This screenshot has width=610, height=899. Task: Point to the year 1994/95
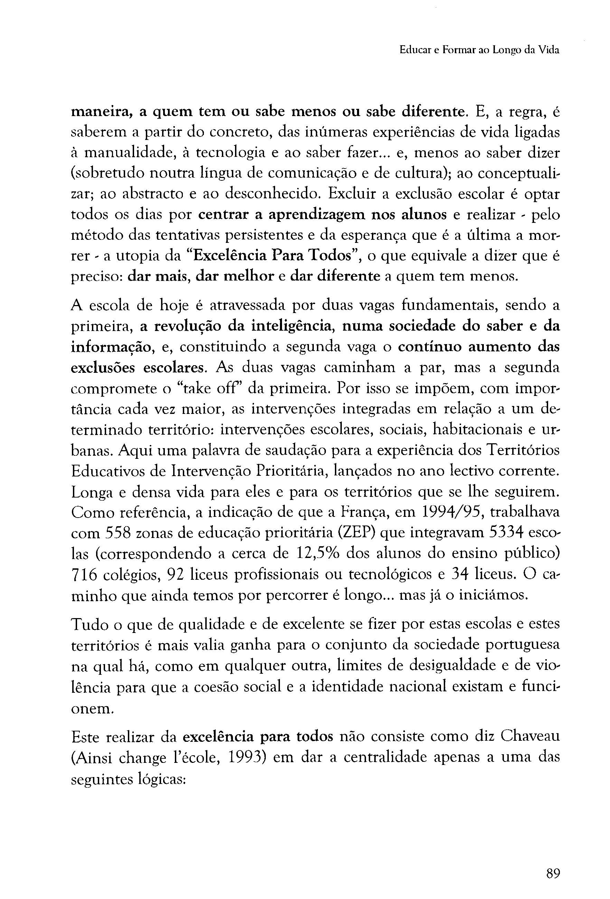coord(451,512)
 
